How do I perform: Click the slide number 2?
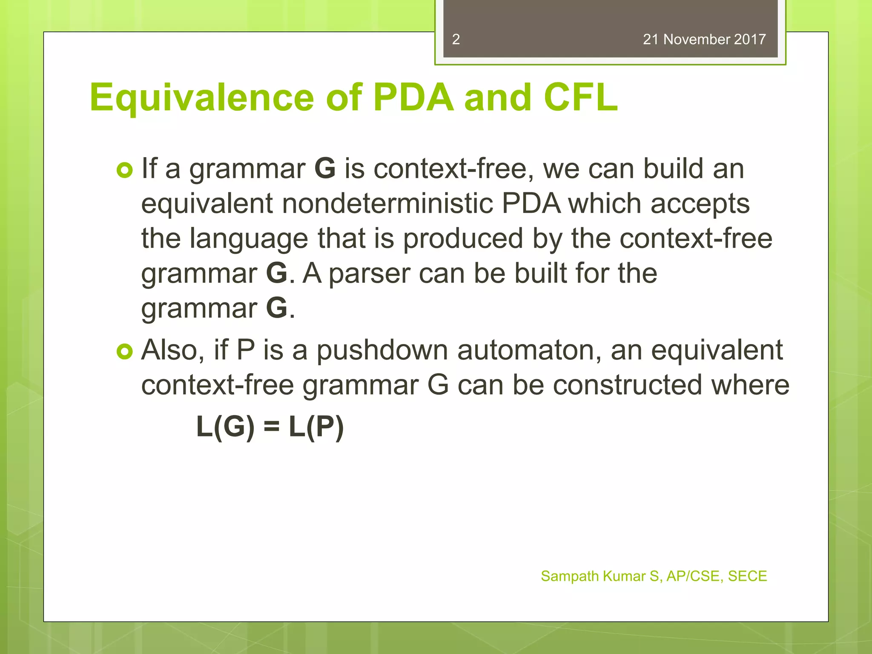[456, 39]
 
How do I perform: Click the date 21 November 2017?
[704, 39]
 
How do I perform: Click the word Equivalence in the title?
[201, 98]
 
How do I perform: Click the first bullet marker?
[125, 170]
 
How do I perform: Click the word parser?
[369, 273]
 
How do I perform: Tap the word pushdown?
[382, 351]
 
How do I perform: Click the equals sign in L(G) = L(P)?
[271, 427]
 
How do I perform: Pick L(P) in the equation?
[316, 427]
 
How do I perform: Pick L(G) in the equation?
[225, 427]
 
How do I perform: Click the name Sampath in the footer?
[570, 576]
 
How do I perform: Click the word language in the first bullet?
[249, 239]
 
